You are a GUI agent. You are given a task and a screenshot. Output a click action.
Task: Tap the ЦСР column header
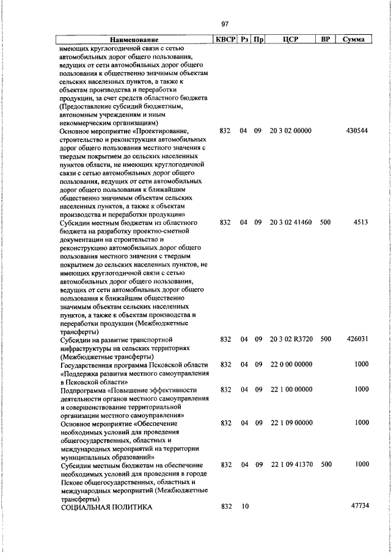click(290, 39)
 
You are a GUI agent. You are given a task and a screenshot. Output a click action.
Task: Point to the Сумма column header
click(354, 39)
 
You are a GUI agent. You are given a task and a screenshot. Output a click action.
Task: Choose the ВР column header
click(325, 39)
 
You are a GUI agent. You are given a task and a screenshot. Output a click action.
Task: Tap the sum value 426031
click(356, 339)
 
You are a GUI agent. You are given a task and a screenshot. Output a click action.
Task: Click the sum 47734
click(358, 507)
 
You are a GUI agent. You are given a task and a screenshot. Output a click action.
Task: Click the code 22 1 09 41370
click(290, 464)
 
